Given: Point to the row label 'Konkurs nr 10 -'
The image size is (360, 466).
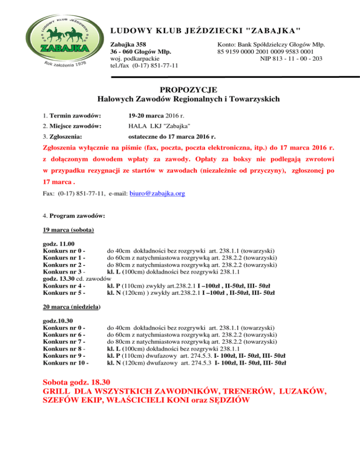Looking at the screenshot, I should pyautogui.click(x=66, y=362).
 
